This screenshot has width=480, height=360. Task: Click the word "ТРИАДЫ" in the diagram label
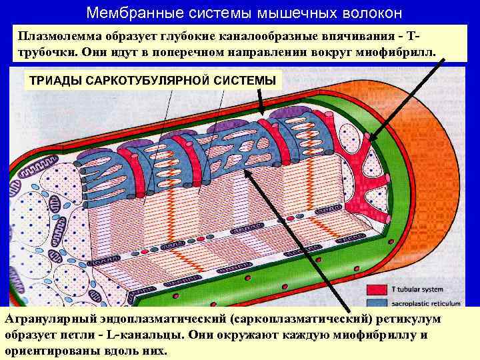point(53,81)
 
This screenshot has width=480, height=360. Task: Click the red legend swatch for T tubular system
point(377,289)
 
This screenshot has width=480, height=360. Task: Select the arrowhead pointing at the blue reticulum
point(248,172)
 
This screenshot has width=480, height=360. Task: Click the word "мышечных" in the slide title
point(286,13)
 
